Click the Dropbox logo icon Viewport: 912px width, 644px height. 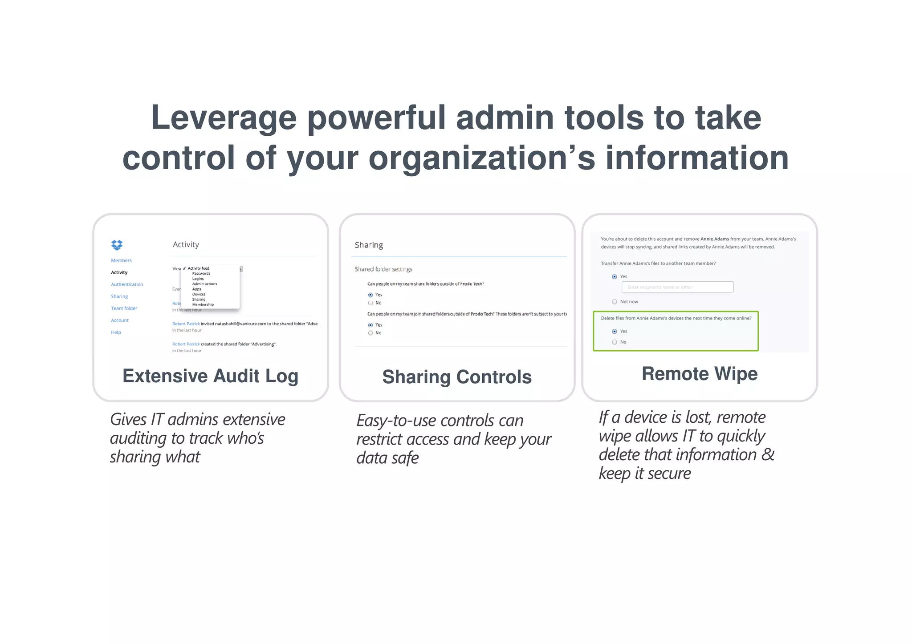coord(117,245)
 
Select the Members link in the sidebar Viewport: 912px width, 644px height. coord(121,260)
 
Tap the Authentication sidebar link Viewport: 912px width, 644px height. coord(127,284)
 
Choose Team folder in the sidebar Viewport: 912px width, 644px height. coord(124,308)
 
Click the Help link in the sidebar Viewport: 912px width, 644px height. coord(116,332)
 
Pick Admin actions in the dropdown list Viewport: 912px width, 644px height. coord(204,284)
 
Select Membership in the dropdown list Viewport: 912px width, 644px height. coord(203,305)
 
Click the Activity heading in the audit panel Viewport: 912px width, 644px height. coord(186,244)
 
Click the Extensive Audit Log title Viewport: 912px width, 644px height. coord(210,376)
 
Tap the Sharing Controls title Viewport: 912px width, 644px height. coord(457,377)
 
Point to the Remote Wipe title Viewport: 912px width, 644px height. coord(699,374)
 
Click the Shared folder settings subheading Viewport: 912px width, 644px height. coord(383,269)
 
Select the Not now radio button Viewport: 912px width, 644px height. coord(615,302)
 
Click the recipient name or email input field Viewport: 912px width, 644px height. coord(677,287)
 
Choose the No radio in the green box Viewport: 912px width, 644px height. coord(615,342)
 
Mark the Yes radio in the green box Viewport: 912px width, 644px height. coord(615,332)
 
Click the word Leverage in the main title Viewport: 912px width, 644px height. coord(224,118)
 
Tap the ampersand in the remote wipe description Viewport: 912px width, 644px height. coord(768,455)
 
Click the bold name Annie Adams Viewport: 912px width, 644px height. coord(714,239)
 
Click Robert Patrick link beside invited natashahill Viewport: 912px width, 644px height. coord(186,324)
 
